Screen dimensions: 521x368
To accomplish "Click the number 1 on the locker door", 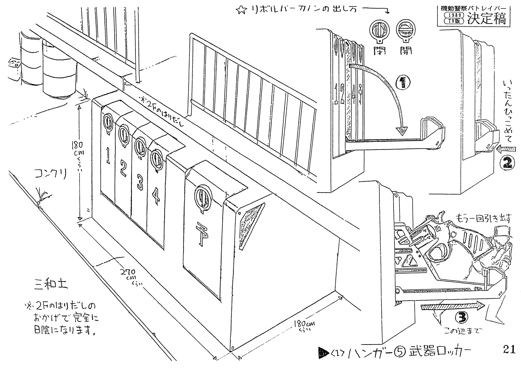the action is point(108,155).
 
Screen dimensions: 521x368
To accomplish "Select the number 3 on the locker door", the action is point(140,182).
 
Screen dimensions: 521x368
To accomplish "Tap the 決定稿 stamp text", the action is point(486,20).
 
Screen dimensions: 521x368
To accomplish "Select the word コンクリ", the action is point(50,175).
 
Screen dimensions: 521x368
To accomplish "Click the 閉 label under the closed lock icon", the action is point(379,51).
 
